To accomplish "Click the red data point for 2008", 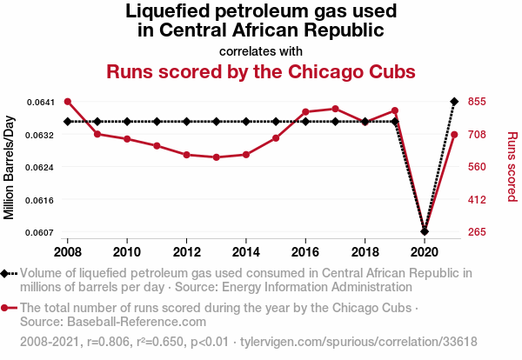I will pyautogui.click(x=68, y=102).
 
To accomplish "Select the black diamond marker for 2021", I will pyautogui.click(x=453, y=102).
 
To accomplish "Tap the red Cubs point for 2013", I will pyautogui.click(x=216, y=157).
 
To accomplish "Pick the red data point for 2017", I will pyautogui.click(x=335, y=109).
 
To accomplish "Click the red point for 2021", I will pyautogui.click(x=453, y=134).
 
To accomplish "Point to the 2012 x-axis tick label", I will pyautogui.click(x=186, y=251).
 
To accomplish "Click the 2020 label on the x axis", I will pyautogui.click(x=424, y=251).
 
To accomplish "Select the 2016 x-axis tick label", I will pyautogui.click(x=305, y=251).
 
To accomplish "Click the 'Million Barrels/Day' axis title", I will pyautogui.click(x=10, y=167).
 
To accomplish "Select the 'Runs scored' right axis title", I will pyautogui.click(x=512, y=167).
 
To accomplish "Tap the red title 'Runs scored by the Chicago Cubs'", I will pyautogui.click(x=260, y=70).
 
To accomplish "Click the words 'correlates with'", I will pyautogui.click(x=260, y=50).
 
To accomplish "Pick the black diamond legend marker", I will pyautogui.click(x=7, y=273).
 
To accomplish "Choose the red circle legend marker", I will pyautogui.click(x=7, y=308).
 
